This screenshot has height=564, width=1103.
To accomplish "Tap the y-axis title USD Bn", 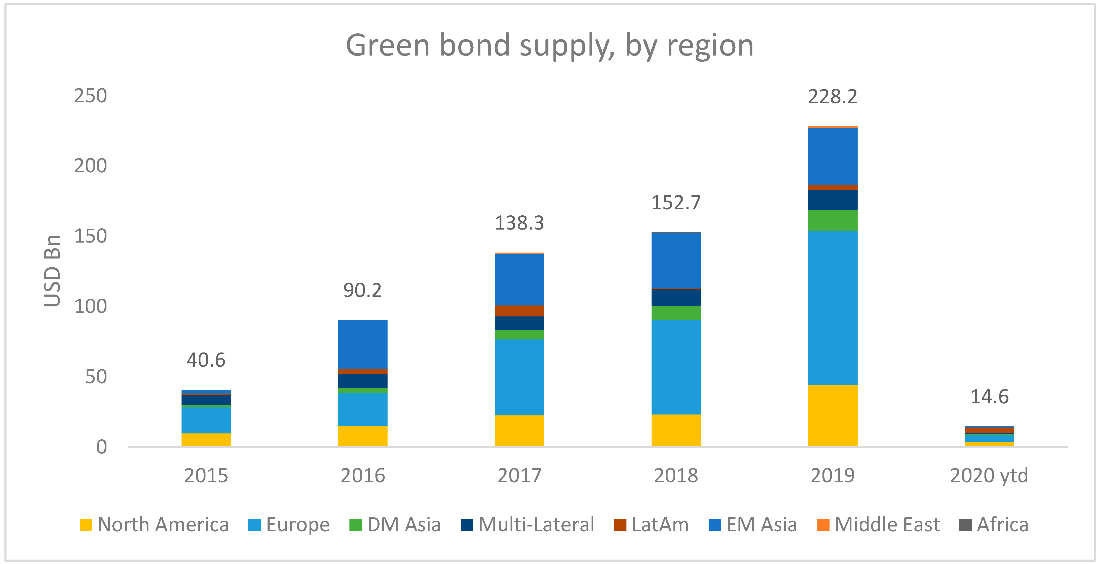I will coord(52,271).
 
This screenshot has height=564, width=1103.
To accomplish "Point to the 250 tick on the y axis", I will coord(90,95).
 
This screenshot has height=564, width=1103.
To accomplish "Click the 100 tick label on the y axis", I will coord(90,306).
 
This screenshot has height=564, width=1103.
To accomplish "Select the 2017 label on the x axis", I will coord(519,475).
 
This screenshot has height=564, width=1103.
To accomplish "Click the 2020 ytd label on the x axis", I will coord(989,475).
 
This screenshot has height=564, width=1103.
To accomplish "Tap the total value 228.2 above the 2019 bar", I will coord(832,97).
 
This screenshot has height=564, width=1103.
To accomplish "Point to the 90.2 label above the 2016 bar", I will coord(362,290).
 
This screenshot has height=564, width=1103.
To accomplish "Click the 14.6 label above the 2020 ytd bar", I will coord(989,397).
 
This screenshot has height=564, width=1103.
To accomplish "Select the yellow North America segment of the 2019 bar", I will coord(832,415).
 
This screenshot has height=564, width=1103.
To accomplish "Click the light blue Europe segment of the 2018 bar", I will coord(676,367).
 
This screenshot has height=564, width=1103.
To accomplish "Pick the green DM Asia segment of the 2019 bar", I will coord(832,220).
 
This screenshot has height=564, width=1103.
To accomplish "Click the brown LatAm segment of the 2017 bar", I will coord(519,311).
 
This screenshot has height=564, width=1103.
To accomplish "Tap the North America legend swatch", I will coord(86,525).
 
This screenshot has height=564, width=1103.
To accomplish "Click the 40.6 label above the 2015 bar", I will coord(206,360).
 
